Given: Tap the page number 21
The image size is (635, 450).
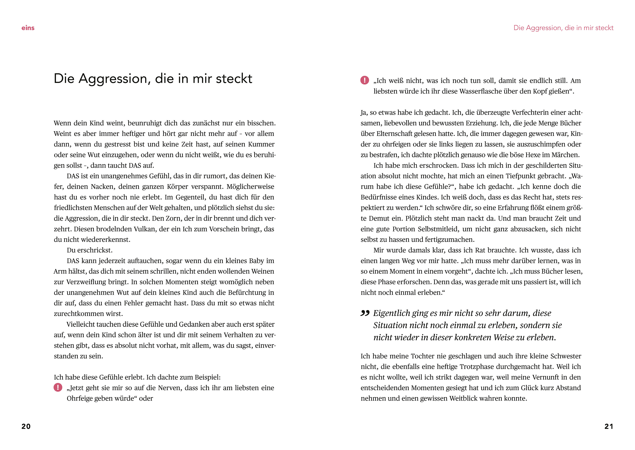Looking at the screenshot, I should coord(609,426).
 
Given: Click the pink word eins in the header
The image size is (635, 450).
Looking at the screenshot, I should coord(28,28).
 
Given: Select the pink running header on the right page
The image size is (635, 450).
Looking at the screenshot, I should coord(563,28).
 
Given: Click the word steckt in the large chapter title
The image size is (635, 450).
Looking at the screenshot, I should coord(234,79).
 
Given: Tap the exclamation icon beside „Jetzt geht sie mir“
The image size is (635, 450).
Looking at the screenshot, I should coord(58,387).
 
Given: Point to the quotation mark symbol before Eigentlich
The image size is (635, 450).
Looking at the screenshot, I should coord(365,313).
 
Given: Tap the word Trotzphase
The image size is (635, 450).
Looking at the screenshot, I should coord(477,367).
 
